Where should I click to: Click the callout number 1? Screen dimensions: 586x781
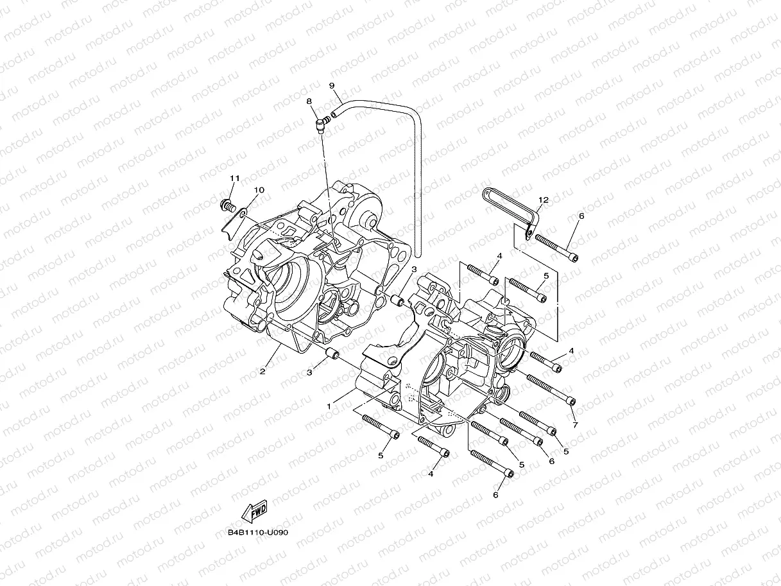330,406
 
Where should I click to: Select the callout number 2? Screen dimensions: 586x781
262,372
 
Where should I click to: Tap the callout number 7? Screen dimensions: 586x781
575,425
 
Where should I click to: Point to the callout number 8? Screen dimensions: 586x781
309,101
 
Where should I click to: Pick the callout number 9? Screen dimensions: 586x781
332,85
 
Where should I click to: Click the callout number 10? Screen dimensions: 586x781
259,190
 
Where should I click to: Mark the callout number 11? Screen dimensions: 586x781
234,177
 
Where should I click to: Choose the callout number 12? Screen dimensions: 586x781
543,200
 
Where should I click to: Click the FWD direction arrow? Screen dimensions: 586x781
253,511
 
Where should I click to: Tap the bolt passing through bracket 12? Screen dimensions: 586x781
556,248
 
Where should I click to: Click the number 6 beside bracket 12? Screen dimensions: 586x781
581,216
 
